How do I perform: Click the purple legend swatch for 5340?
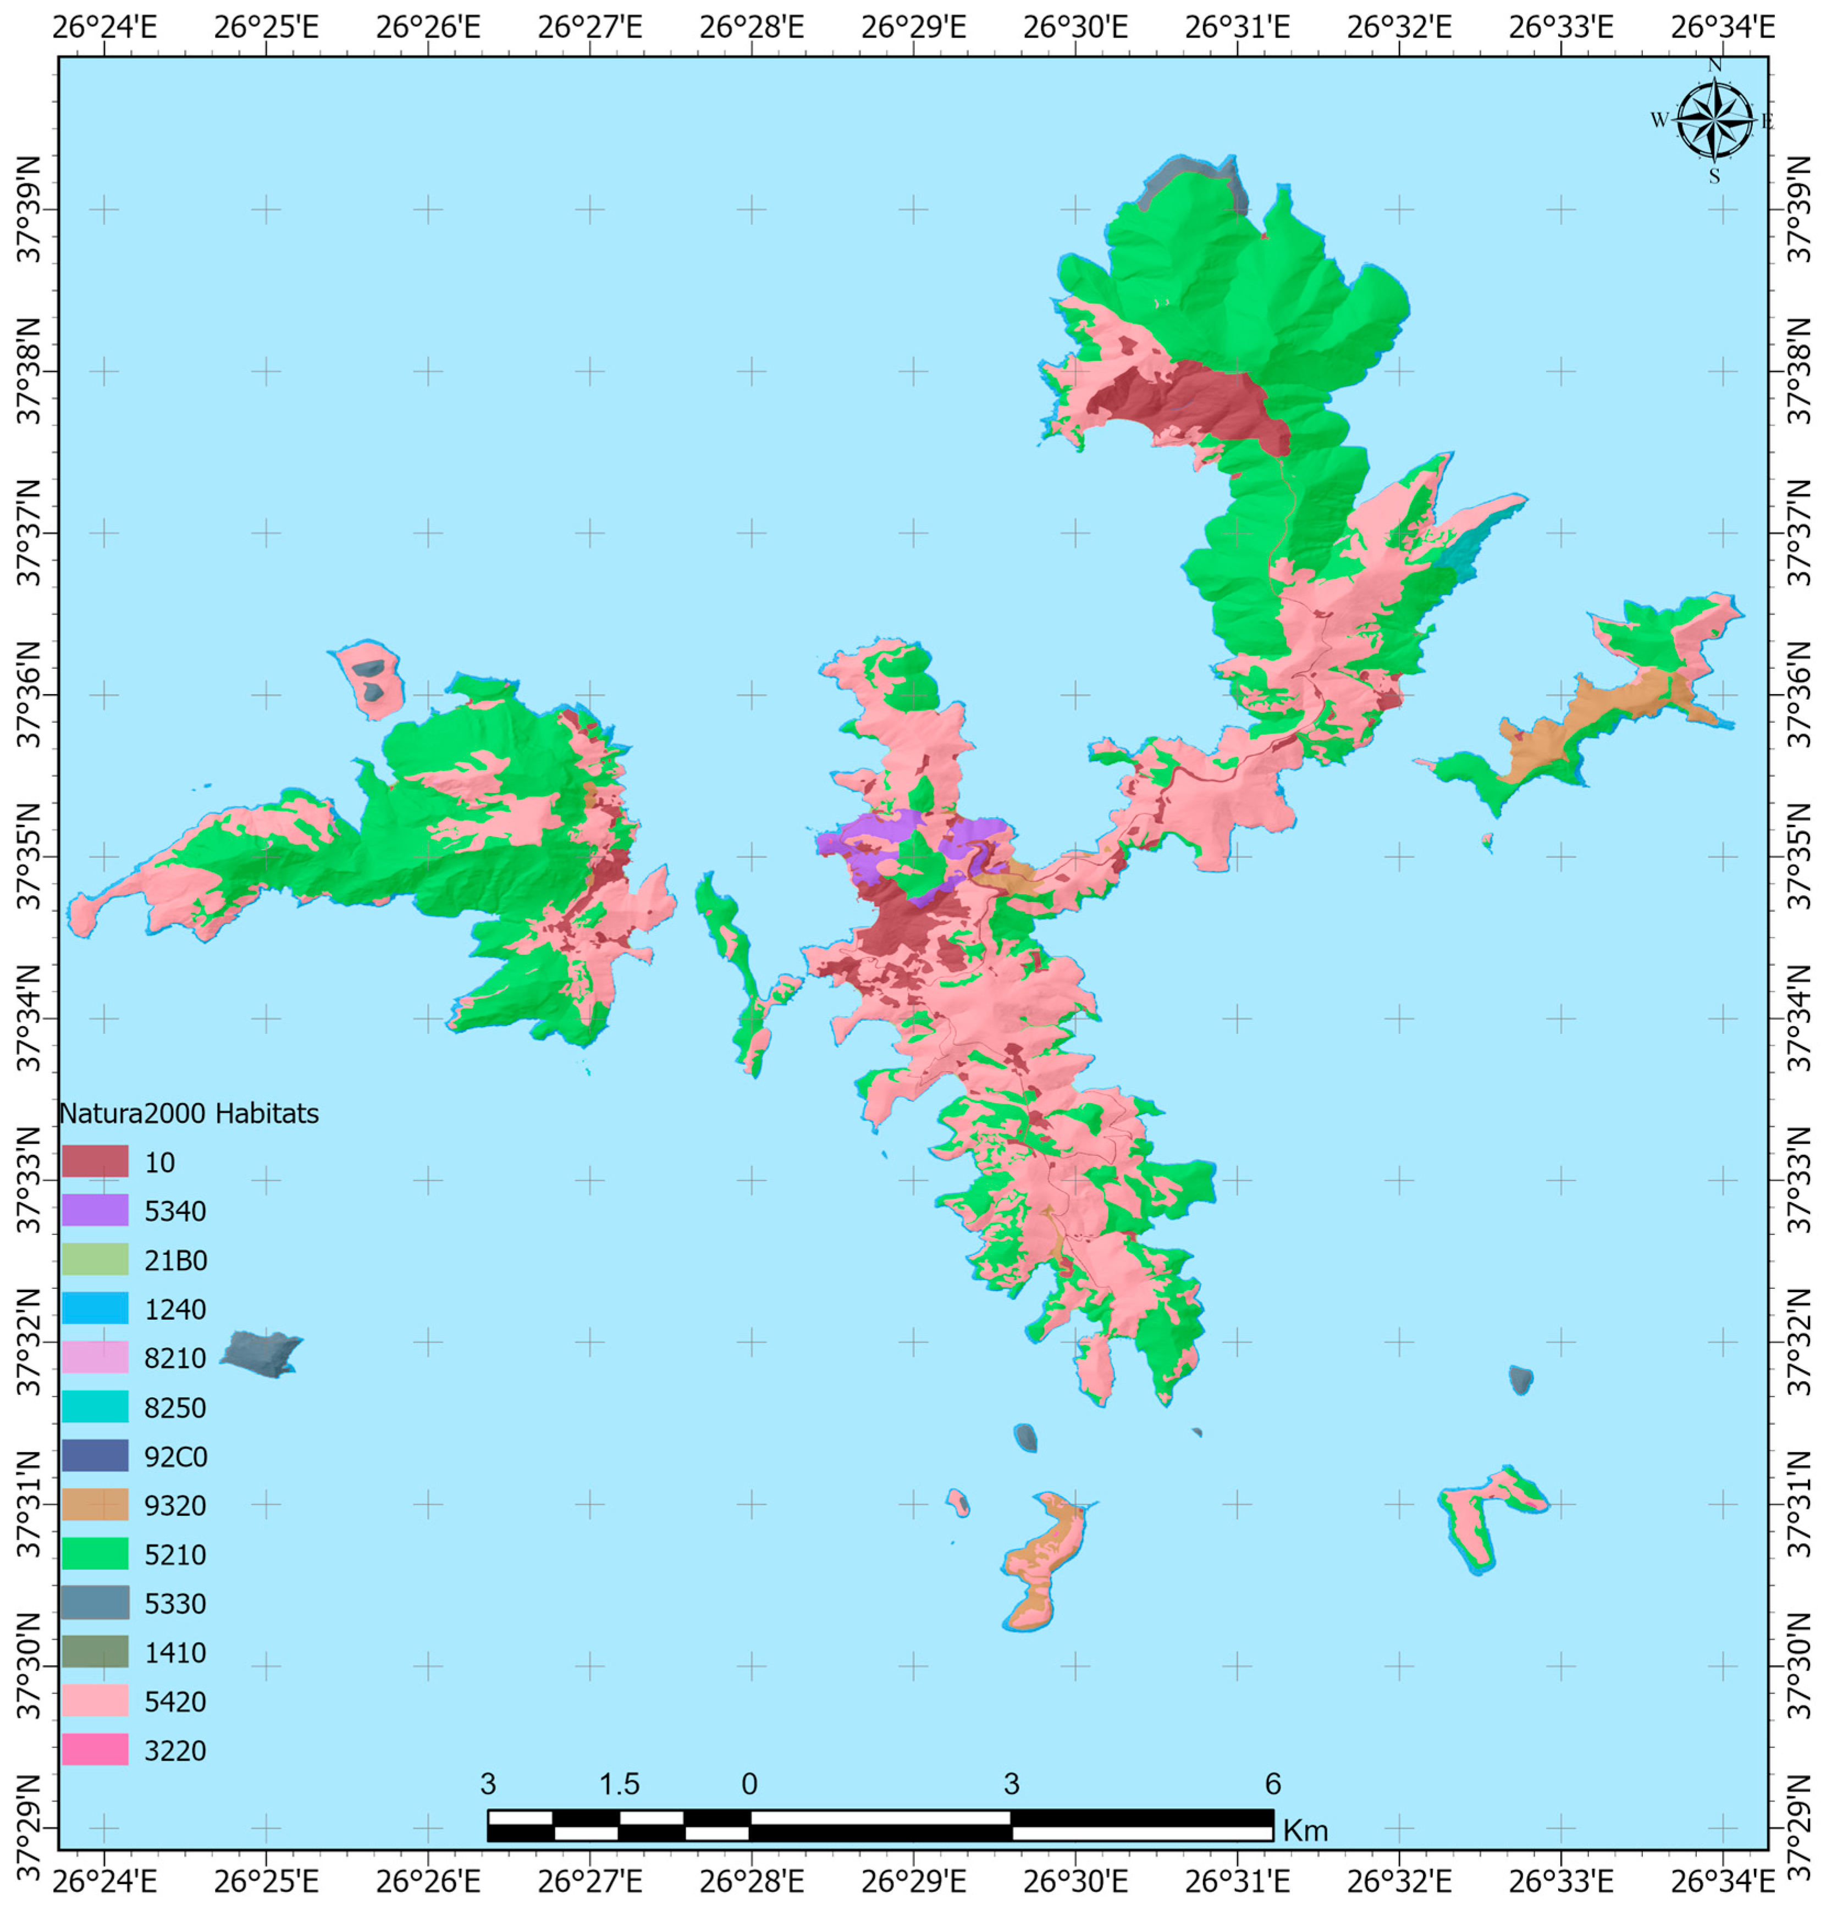click(95, 1210)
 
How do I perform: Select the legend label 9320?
click(175, 1505)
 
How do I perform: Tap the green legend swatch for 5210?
click(95, 1554)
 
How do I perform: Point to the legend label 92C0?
click(175, 1456)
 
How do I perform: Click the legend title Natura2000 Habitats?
click(189, 1113)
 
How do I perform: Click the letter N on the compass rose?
click(1715, 65)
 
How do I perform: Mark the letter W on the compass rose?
click(1659, 121)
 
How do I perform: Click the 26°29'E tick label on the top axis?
click(913, 26)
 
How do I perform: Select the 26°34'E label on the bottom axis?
click(1722, 1881)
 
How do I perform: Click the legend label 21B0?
click(175, 1260)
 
